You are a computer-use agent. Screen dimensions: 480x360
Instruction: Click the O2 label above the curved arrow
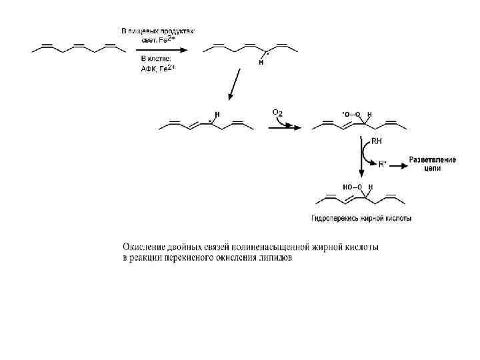pos(277,112)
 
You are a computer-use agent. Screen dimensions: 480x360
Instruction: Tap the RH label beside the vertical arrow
pos(377,141)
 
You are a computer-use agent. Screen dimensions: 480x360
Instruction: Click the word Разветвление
pos(433,160)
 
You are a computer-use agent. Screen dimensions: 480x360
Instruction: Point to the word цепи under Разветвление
pos(433,169)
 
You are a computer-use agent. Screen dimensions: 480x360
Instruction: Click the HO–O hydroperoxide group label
pos(353,187)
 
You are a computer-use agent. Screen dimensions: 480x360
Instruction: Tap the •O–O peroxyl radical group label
pos(351,114)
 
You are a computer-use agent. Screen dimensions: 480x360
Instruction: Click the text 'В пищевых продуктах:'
pos(158,30)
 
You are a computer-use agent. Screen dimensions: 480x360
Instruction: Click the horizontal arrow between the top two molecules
pos(157,49)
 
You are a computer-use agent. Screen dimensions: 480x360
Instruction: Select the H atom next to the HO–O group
pos(371,187)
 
